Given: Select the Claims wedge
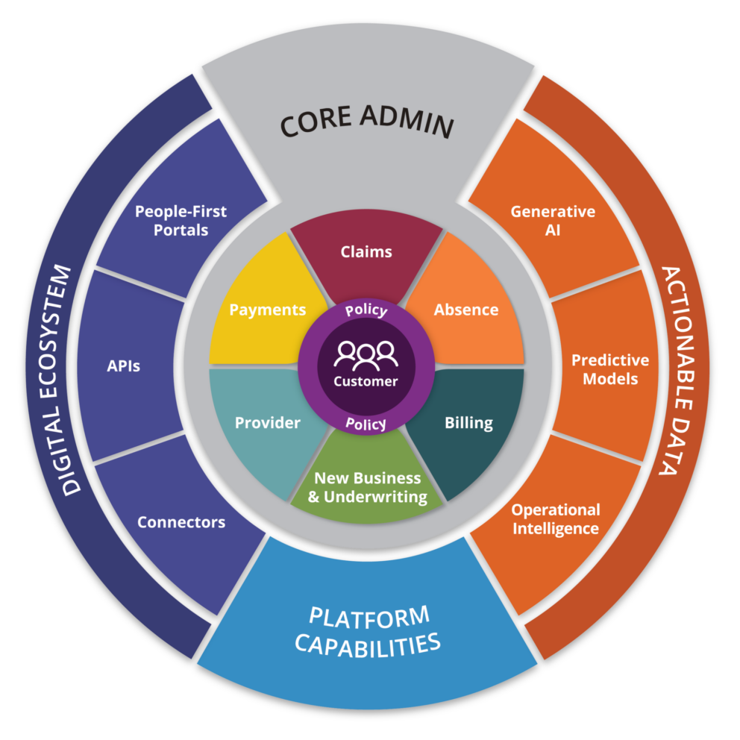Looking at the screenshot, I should point(366,252).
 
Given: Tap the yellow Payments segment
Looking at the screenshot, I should point(267,310).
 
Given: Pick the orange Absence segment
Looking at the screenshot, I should point(466,310).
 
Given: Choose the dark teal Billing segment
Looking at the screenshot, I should point(468,423).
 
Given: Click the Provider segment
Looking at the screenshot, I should point(267,423).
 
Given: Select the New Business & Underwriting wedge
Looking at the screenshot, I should point(367,487).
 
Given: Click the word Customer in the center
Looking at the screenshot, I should point(366,381).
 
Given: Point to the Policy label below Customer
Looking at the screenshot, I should point(366,424).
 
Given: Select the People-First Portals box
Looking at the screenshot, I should point(181,221).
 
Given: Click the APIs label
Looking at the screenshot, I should point(123,366).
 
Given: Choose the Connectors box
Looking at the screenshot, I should point(181,522).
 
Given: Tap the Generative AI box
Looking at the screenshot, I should point(553,221).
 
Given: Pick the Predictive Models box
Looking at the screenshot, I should point(610,369).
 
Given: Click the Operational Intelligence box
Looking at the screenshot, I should point(555,519).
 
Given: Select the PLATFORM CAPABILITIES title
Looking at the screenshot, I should point(368,631).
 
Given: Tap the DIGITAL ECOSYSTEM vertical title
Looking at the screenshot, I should point(71,380).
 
